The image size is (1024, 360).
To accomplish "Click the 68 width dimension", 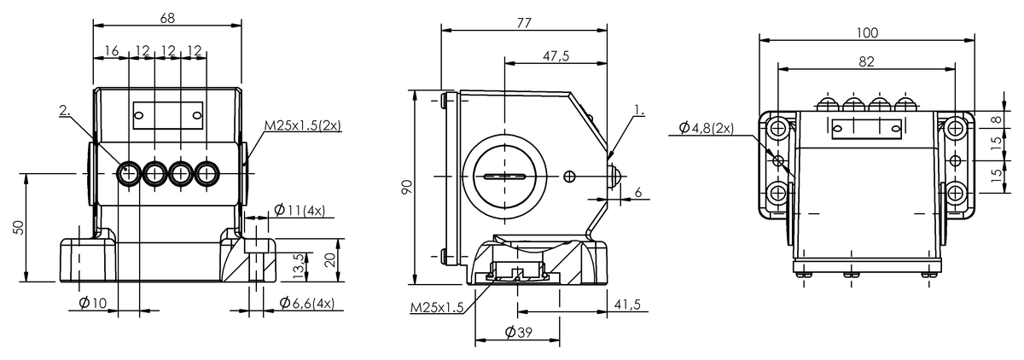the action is pyautogui.click(x=167, y=18).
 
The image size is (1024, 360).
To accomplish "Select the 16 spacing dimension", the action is pyautogui.click(x=112, y=50).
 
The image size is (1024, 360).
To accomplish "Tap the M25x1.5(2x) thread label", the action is pyautogui.click(x=303, y=125).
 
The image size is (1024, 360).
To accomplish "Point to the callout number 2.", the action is pyautogui.click(x=65, y=110).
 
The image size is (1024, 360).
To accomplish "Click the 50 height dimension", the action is pyautogui.click(x=18, y=228).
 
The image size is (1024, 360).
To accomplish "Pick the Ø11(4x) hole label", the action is pyautogui.click(x=300, y=210).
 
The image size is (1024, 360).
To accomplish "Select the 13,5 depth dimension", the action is pyautogui.click(x=298, y=266).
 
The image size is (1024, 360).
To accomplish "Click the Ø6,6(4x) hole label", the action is pyautogui.click(x=307, y=303).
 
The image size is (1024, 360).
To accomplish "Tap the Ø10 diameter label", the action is pyautogui.click(x=93, y=303).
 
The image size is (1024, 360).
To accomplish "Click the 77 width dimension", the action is pyautogui.click(x=524, y=23).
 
